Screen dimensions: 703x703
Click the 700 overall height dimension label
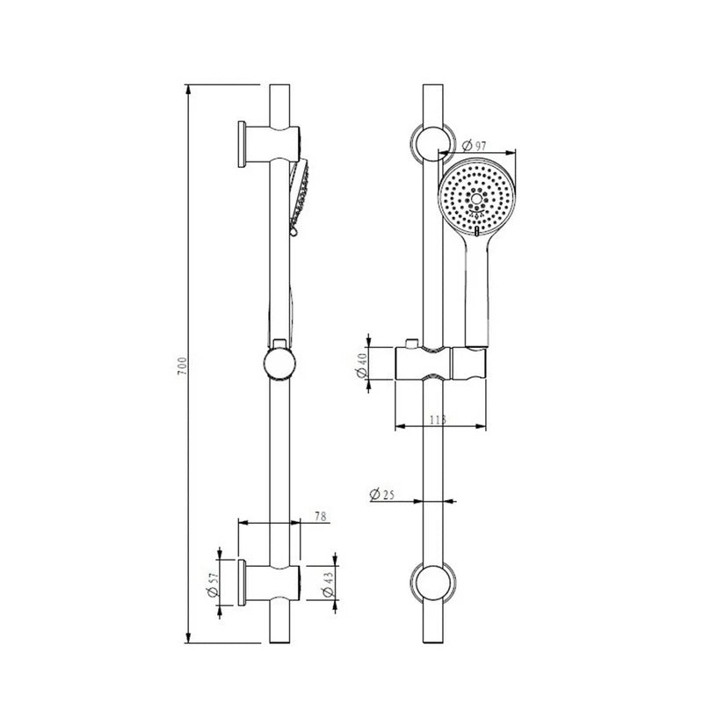pyautogui.click(x=181, y=366)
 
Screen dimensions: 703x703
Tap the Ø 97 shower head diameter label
pyautogui.click(x=474, y=145)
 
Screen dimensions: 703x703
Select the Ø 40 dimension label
pyautogui.click(x=361, y=365)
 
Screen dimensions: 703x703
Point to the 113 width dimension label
pyautogui.click(x=438, y=420)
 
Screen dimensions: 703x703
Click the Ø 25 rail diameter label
pyautogui.click(x=382, y=494)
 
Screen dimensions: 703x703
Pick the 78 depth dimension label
pyautogui.click(x=320, y=516)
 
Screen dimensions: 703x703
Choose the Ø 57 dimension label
pyautogui.click(x=213, y=584)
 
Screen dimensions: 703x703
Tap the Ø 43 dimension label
pyautogui.click(x=328, y=584)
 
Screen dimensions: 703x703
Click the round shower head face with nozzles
pyautogui.click(x=476, y=197)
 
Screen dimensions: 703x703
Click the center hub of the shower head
pyautogui.click(x=476, y=197)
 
